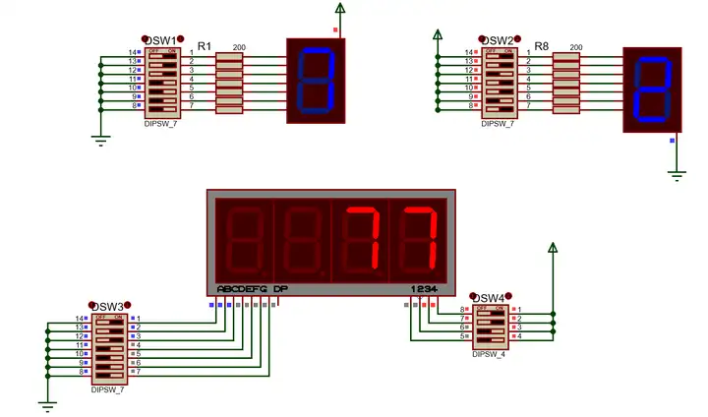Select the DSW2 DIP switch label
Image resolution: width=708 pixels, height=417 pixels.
(498, 40)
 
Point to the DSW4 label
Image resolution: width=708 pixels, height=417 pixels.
(489, 298)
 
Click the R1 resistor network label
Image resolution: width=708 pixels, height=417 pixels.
(205, 46)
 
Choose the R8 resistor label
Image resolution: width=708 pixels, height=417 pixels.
(542, 46)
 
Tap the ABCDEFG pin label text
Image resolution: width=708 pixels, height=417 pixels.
(242, 289)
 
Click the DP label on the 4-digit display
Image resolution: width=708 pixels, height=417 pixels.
(280, 289)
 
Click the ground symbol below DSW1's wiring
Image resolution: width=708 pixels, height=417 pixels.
(99, 139)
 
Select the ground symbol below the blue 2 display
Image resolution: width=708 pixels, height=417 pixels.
(677, 174)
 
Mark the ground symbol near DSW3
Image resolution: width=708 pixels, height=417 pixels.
(46, 404)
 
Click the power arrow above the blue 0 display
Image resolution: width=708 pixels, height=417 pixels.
(341, 13)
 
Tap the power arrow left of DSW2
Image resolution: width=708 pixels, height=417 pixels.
(437, 38)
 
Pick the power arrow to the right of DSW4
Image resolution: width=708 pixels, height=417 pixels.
(553, 251)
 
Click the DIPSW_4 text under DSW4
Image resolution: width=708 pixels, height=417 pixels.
(489, 354)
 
